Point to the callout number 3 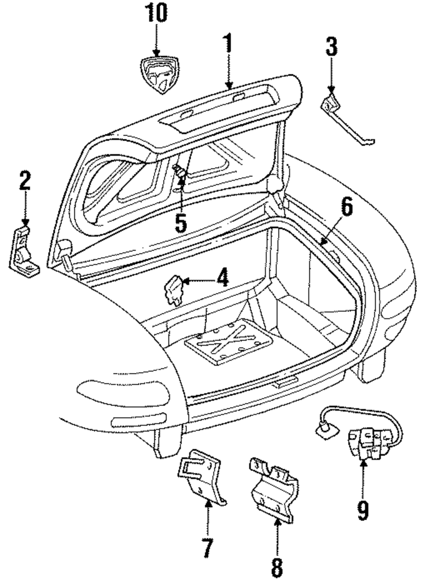coord(331,46)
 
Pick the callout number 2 coord(25,180)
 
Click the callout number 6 coord(347,206)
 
